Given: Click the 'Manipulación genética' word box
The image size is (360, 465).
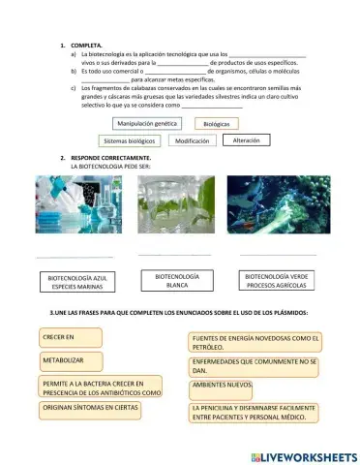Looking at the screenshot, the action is [146, 124].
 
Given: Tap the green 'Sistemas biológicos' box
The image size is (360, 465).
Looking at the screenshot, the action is [129, 140].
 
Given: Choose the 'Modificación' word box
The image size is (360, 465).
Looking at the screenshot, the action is [192, 140].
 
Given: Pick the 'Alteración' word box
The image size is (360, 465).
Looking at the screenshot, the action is [247, 139].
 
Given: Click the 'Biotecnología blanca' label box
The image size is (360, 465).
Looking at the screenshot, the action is [176, 281].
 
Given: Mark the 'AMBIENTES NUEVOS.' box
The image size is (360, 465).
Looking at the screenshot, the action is [222, 385].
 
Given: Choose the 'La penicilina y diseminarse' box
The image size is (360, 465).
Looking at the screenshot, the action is [255, 413].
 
